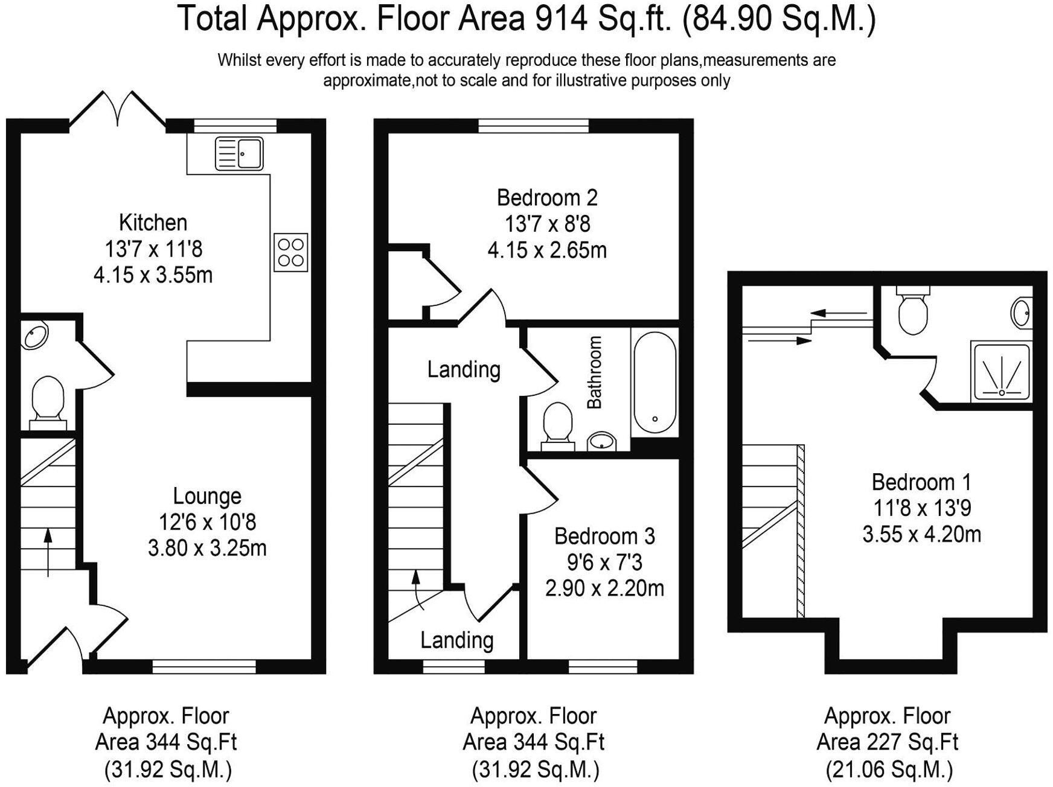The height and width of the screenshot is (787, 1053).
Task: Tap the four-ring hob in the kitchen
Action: click(x=290, y=252)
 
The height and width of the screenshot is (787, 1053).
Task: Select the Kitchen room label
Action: click(x=153, y=222)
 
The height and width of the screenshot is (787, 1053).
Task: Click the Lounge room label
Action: click(x=207, y=495)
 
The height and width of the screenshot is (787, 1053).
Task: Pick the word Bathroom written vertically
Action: click(x=595, y=372)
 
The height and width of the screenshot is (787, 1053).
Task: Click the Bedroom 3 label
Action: click(x=604, y=535)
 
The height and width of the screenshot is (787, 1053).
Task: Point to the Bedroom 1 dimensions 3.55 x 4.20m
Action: click(x=921, y=534)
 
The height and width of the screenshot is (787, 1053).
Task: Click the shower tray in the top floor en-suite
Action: click(x=1001, y=371)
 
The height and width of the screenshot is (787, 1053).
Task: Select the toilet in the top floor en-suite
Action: click(x=913, y=310)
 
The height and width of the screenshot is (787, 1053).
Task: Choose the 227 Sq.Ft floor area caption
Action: click(x=887, y=741)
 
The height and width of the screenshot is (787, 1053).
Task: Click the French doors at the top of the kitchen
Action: click(x=118, y=110)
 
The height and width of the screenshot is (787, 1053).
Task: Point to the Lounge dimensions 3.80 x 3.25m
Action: click(x=207, y=548)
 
